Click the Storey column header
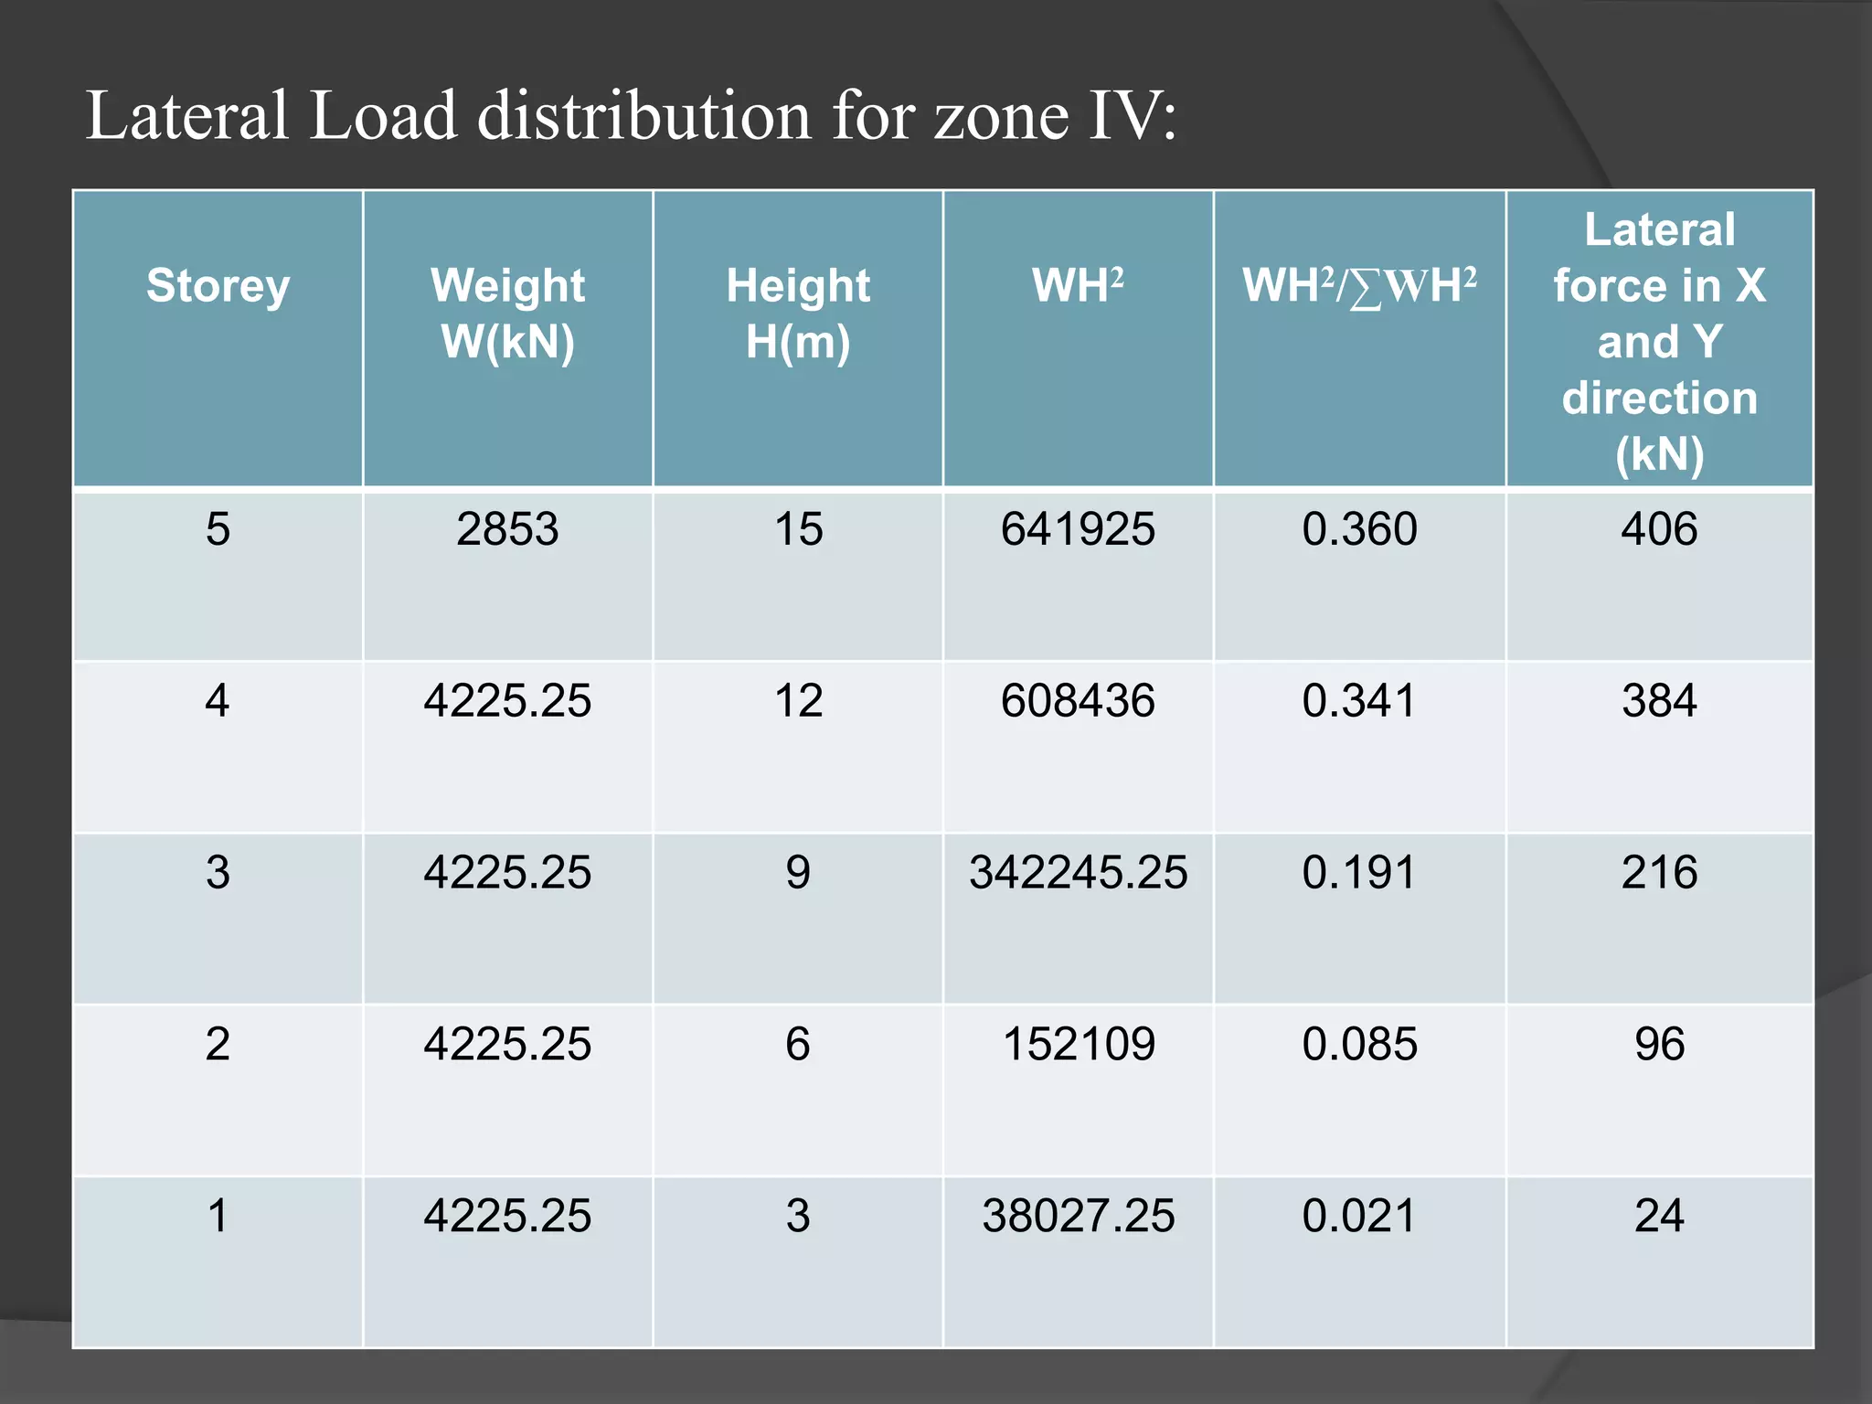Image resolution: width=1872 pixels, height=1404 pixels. [218, 285]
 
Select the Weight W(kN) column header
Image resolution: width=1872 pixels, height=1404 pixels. [507, 313]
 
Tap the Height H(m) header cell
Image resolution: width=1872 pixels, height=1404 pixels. [798, 313]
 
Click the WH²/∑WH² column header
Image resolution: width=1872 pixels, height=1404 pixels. [1358, 285]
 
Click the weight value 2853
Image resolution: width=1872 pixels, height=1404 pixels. [507, 528]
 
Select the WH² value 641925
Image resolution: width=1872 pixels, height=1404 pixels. [1078, 528]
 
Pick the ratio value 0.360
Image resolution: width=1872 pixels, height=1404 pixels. [1359, 528]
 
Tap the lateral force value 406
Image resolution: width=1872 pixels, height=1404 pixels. [1659, 528]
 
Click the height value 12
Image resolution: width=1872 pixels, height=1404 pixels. [798, 700]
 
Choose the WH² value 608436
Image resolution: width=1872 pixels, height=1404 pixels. [1078, 700]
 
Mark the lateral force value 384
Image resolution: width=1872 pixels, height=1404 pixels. [1659, 700]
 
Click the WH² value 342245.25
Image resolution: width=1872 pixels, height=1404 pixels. [1078, 872]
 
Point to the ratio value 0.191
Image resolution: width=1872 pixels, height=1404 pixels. [1359, 872]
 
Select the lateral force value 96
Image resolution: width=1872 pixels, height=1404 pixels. [1659, 1044]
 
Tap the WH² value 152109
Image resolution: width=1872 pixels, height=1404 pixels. [1079, 1044]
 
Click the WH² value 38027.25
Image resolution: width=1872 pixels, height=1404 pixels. [1078, 1216]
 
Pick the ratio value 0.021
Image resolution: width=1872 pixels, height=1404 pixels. [1359, 1216]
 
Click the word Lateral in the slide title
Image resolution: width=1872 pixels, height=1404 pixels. [187, 116]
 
